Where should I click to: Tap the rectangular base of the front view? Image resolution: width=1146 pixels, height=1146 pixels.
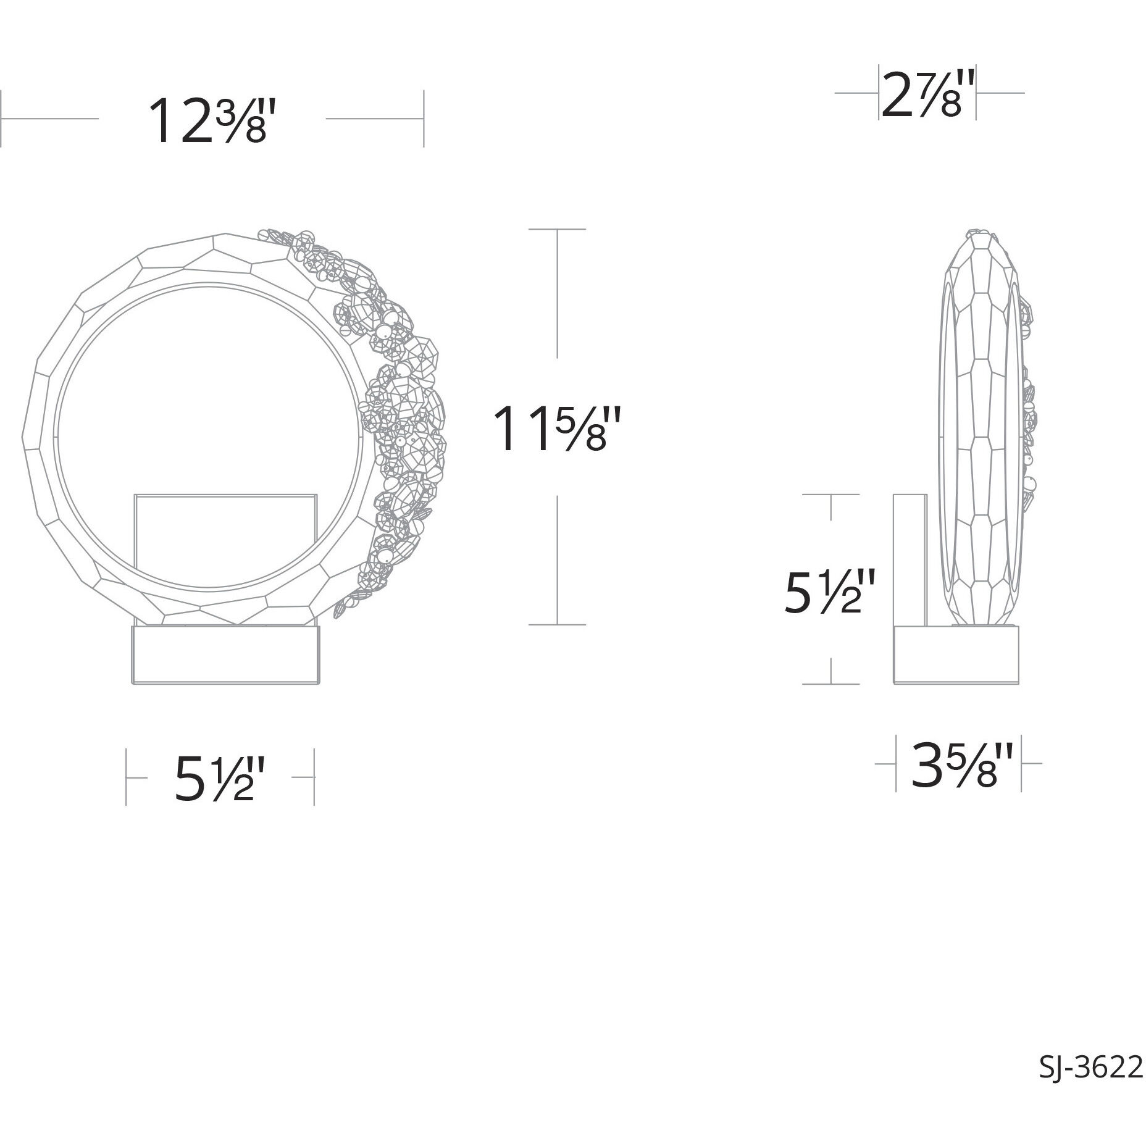[227, 656]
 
